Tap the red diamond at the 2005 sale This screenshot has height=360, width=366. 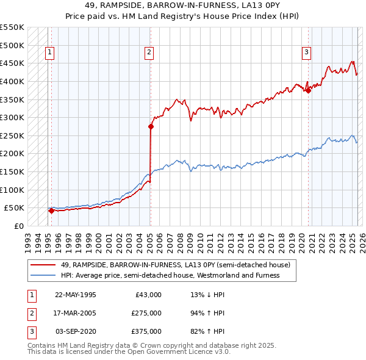[151, 127]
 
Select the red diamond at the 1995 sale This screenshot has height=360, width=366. [51, 211]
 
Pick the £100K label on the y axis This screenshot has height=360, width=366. [12, 190]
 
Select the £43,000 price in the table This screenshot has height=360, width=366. [148, 295]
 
